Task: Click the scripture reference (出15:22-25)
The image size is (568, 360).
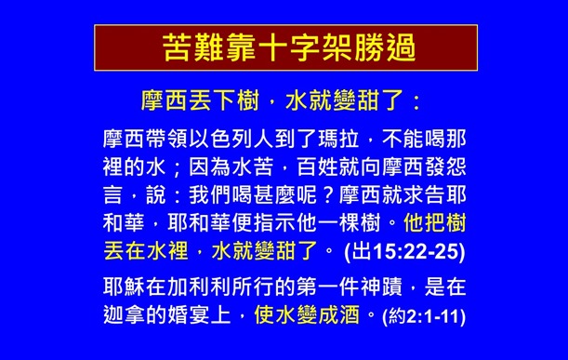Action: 403,252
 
